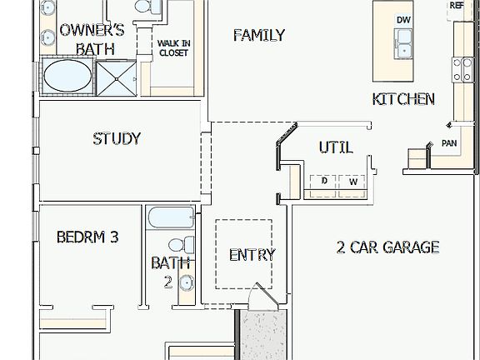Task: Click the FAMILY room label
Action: coord(258,35)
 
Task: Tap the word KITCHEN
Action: coord(403,99)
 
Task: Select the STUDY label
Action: coord(117,139)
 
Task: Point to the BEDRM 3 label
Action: coord(87,237)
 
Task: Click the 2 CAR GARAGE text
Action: coord(387,247)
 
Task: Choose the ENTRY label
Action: coord(252,255)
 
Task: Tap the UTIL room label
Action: coord(335,147)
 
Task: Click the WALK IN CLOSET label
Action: coord(173,47)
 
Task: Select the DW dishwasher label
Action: coord(403,20)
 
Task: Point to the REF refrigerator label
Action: coord(457,6)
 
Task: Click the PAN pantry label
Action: coord(448,144)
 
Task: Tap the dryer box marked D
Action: coord(324,181)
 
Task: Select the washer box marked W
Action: coord(352,181)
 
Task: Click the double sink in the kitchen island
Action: coord(404,42)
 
